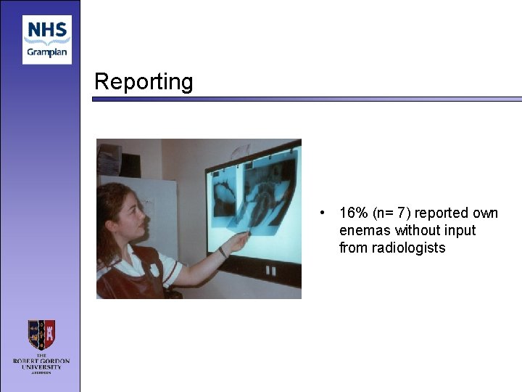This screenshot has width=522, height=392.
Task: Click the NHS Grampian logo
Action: point(47,39)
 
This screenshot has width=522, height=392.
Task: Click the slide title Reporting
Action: point(144,81)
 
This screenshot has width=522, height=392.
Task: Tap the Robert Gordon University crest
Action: point(41,335)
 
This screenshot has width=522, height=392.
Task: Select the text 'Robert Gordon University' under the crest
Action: point(41,362)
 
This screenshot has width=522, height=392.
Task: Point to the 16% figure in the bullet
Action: point(353,213)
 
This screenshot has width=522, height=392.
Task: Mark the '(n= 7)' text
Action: point(391,213)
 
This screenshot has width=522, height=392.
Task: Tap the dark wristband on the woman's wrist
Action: point(223,253)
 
